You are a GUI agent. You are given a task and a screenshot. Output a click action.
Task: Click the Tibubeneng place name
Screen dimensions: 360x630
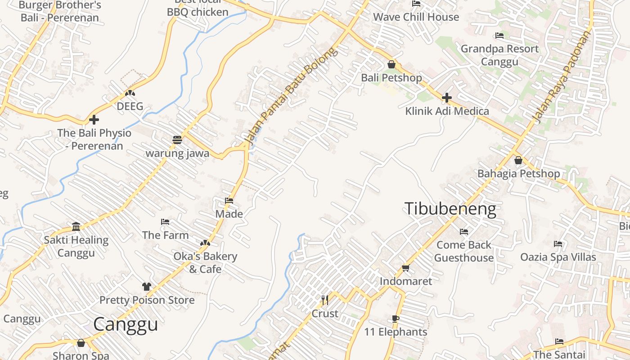[450, 209]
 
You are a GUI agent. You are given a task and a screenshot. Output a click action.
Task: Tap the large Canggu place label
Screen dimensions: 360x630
[126, 324]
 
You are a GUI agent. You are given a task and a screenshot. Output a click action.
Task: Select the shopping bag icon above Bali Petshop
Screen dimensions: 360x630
[391, 64]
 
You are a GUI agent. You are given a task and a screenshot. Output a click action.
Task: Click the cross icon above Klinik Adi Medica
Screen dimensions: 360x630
[447, 98]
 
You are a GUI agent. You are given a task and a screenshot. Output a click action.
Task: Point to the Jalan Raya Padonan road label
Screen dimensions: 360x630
[561, 77]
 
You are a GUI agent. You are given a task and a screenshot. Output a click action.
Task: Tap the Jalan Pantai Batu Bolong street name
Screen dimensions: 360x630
[291, 96]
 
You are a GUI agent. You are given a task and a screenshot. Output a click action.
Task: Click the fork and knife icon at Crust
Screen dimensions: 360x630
[325, 300]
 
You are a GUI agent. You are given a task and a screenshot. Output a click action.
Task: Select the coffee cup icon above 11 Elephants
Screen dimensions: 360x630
[396, 319]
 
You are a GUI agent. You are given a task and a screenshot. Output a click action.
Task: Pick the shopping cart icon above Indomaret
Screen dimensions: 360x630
[405, 268]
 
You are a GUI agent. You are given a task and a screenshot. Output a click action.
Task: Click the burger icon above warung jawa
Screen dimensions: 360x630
[177, 140]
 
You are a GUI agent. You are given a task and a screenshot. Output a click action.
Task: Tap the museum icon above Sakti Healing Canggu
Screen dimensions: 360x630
[76, 226]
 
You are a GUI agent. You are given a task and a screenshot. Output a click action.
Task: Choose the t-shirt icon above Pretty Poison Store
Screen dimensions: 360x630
[146, 287]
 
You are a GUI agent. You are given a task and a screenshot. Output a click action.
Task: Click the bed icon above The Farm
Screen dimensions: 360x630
[165, 222]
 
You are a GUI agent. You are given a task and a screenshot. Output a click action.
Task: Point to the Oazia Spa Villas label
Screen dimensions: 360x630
[558, 257]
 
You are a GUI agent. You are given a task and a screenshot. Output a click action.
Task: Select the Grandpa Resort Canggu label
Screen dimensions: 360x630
[499, 55]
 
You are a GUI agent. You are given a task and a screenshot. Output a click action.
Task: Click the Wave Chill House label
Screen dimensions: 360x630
[416, 17]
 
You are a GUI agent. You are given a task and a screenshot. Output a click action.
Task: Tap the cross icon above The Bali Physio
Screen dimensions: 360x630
[94, 120]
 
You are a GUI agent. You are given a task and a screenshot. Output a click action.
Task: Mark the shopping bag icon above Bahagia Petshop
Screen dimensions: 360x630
[518, 160]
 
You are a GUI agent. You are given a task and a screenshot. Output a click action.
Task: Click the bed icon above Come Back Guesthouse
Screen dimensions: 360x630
[464, 232]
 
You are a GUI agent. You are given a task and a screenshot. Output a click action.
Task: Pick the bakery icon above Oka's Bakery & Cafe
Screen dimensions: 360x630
[205, 243]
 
